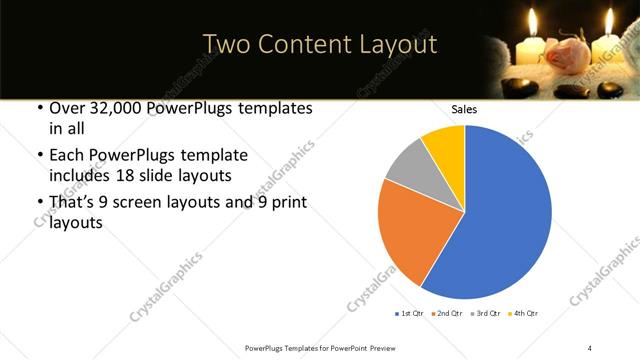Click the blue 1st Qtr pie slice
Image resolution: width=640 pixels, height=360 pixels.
(505, 215)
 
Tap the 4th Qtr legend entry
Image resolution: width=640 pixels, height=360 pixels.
(524, 313)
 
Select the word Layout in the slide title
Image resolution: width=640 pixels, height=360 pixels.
(397, 44)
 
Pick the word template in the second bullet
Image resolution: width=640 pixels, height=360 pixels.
(211, 155)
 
